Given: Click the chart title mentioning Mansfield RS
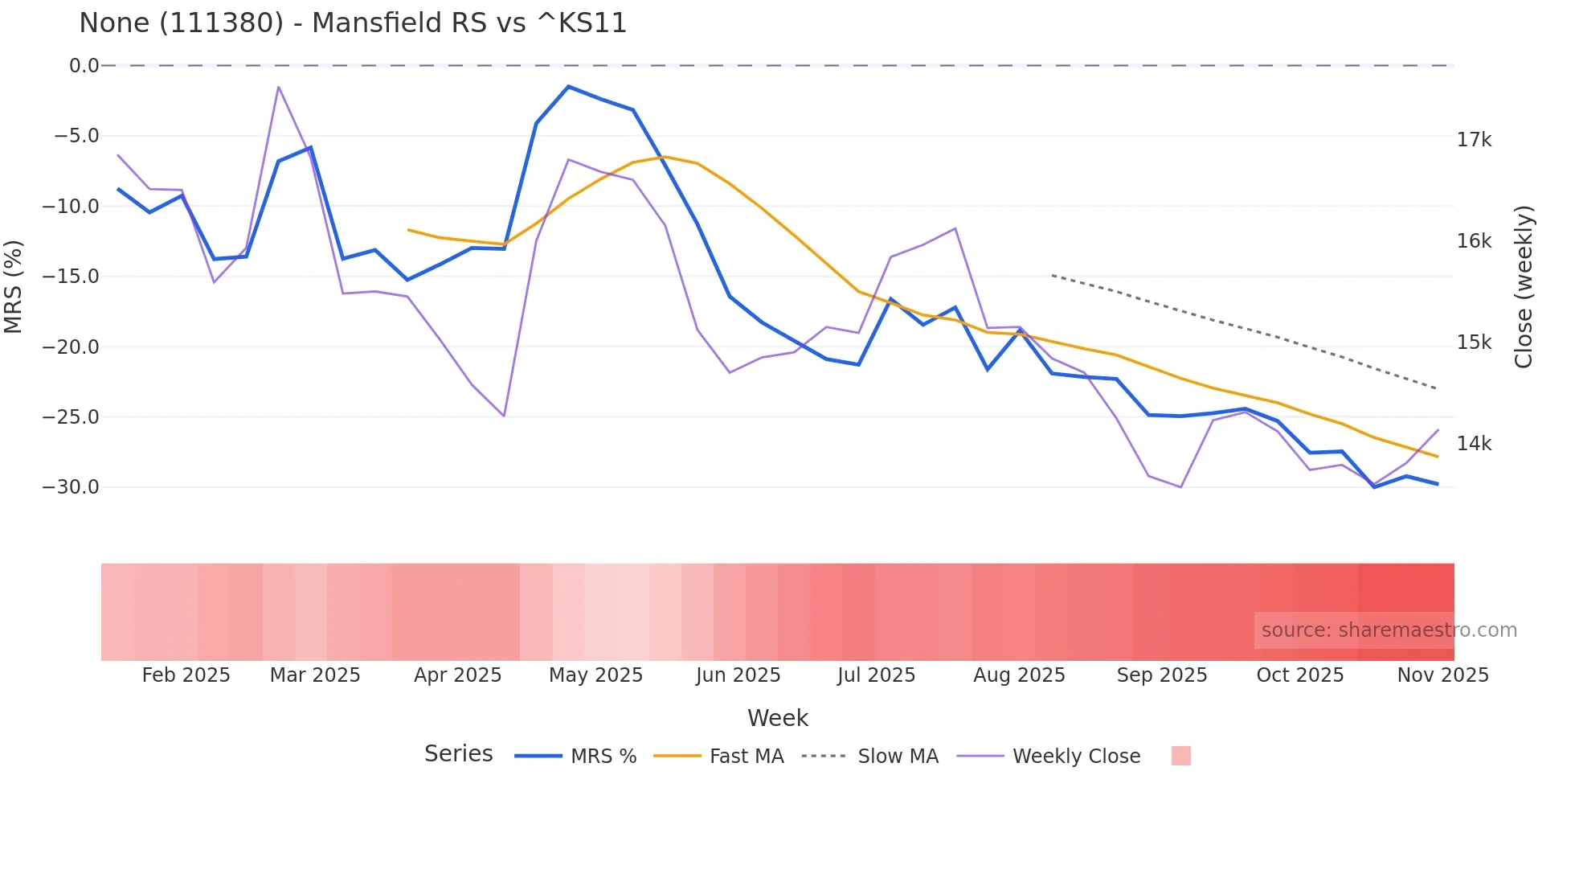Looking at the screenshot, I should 353,23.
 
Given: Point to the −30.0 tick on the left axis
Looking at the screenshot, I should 71,487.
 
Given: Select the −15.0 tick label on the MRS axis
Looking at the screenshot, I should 71,277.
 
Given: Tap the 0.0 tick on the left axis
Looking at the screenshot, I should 84,66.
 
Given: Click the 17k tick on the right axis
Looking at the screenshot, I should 1474,140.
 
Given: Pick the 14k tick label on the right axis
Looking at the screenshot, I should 1474,444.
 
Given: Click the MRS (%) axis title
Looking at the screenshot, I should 14,286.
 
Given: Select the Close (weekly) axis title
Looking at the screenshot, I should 1524,286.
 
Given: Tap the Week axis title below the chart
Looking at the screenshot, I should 777,718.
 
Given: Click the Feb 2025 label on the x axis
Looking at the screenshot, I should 186,675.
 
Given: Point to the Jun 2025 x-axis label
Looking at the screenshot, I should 738,675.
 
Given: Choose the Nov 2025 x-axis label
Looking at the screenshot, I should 1442,675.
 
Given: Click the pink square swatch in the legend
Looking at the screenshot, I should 1180,756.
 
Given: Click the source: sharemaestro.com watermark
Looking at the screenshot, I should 1389,630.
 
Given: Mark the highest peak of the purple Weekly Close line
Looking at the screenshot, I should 278,87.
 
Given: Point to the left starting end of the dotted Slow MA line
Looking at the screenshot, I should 1053,275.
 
